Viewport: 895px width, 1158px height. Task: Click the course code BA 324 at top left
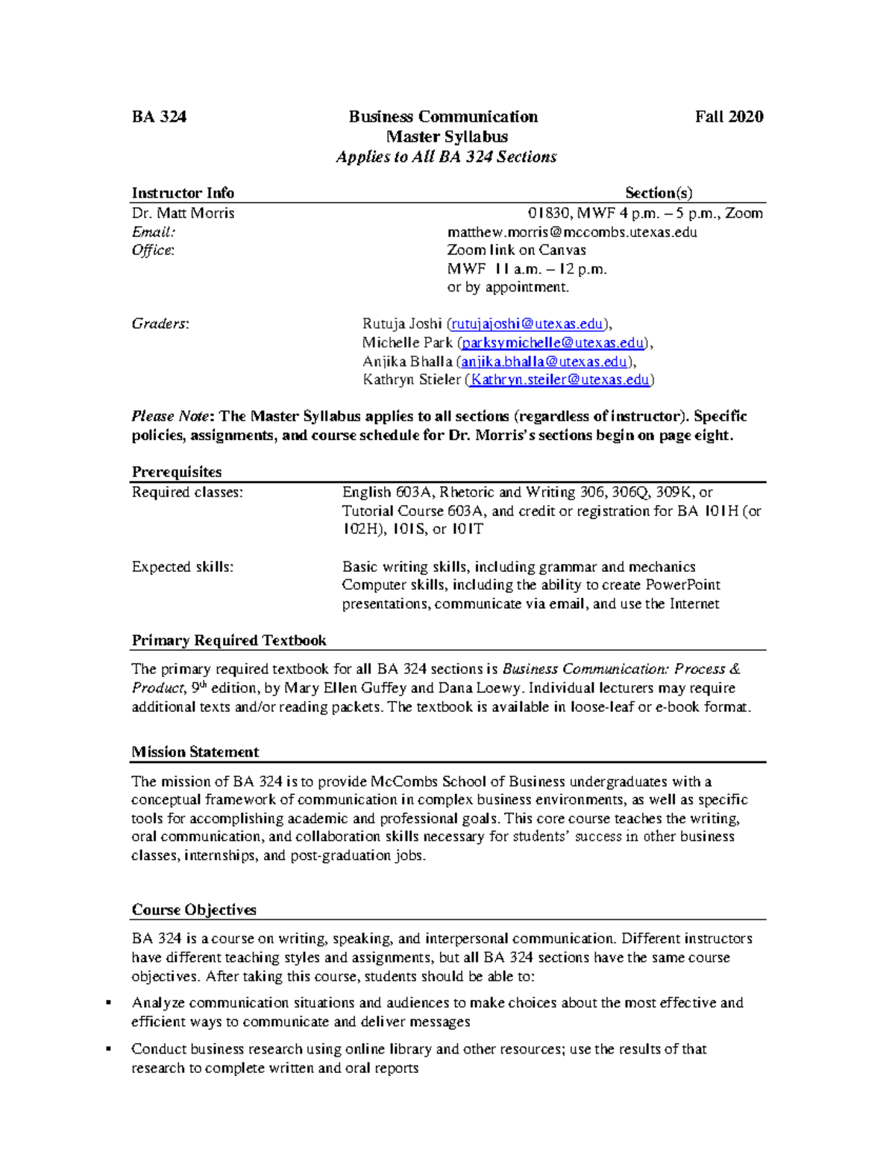click(x=159, y=117)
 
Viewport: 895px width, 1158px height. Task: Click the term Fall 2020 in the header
click(x=729, y=117)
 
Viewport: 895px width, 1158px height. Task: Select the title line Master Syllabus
click(x=447, y=137)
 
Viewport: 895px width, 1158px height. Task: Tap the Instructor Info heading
click(x=183, y=193)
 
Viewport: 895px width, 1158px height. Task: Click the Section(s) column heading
click(x=659, y=193)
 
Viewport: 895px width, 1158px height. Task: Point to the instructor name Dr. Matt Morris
click(x=183, y=213)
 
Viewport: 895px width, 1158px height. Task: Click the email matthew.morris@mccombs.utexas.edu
click(x=572, y=232)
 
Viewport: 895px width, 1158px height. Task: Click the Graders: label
click(x=160, y=324)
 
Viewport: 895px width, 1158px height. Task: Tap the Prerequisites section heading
click(x=177, y=472)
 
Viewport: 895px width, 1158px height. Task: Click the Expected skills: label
click(x=183, y=567)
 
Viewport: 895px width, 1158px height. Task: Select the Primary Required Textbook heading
click(x=229, y=641)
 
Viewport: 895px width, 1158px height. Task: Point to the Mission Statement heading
click(x=195, y=752)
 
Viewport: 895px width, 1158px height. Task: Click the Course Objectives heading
click(x=194, y=910)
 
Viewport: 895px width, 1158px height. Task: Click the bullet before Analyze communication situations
click(x=109, y=1003)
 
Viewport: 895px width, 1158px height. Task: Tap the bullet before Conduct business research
click(x=109, y=1049)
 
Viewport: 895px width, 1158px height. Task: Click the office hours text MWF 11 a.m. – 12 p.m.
click(x=527, y=269)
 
